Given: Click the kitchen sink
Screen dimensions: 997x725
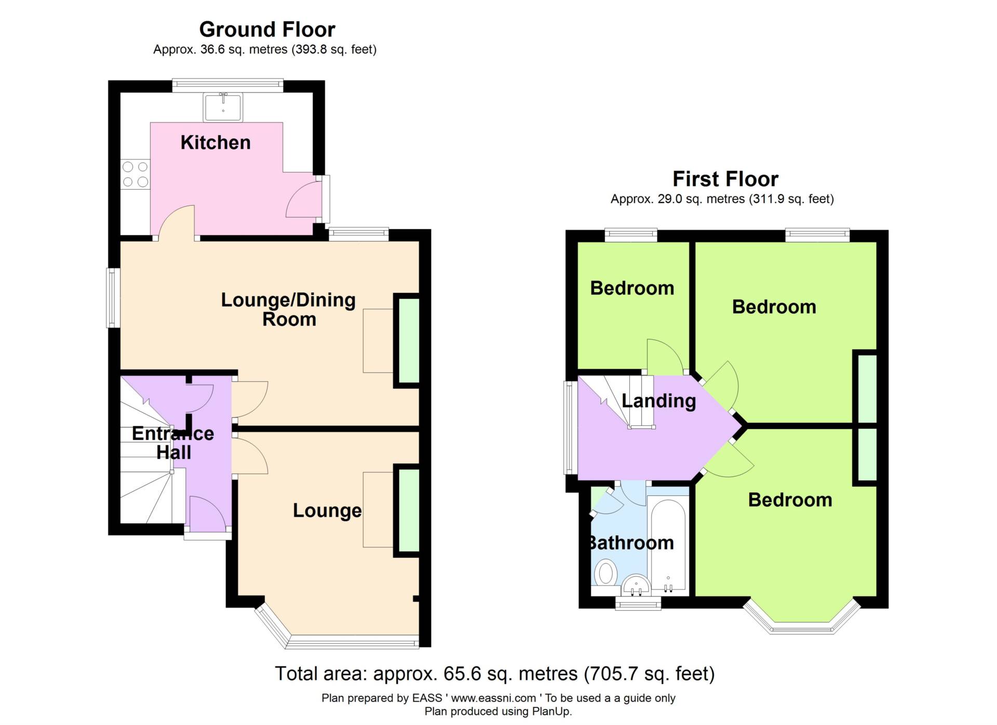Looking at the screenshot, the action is click(x=223, y=107).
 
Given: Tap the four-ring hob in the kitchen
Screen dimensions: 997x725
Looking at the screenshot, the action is click(x=135, y=174).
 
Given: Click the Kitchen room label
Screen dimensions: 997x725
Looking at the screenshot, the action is click(x=215, y=142).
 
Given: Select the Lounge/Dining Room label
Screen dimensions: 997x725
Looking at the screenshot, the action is click(x=289, y=309).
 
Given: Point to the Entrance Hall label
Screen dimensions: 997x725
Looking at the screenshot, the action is click(x=173, y=442).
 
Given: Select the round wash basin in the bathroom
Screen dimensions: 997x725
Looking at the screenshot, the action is click(x=636, y=586).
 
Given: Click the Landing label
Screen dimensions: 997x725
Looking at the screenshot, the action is click(x=658, y=401).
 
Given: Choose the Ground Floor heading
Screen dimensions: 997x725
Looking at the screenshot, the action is click(x=267, y=30).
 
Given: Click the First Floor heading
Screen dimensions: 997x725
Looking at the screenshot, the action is click(x=725, y=179).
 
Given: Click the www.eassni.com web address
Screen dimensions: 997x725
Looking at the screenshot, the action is click(x=493, y=698).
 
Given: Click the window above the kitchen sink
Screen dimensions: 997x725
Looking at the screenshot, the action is click(x=228, y=86).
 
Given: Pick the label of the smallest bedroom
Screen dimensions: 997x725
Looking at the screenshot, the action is click(x=632, y=288).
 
